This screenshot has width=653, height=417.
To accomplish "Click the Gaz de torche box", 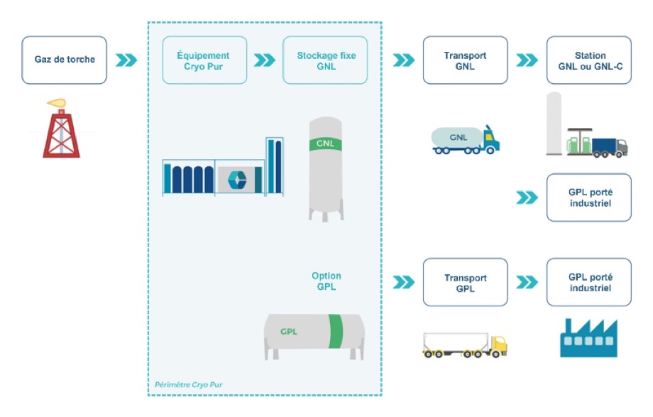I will (64, 60).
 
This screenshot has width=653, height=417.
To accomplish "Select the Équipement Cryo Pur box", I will (204, 60).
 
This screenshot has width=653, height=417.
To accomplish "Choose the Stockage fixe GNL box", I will (326, 60).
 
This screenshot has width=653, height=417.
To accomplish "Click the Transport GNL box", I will (465, 60).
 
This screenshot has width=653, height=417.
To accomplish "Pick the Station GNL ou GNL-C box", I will (588, 60).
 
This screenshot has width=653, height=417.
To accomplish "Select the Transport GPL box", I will (465, 282).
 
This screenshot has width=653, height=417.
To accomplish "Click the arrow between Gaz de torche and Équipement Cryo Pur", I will (126, 60).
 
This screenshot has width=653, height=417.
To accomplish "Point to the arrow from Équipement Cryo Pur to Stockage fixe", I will (265, 60).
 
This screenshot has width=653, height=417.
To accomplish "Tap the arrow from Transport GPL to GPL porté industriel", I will (527, 282).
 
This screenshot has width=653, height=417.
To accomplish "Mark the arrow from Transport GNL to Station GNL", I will (527, 60).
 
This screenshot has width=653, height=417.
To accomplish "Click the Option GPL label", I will (326, 281).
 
